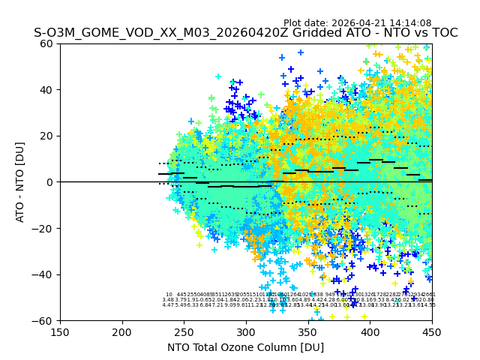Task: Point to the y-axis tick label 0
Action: pyautogui.click(x=51, y=182)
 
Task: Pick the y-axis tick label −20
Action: pyautogui.click(x=45, y=228)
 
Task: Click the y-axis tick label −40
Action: pyautogui.click(x=45, y=274)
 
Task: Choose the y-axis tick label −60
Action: pyautogui.click(x=45, y=320)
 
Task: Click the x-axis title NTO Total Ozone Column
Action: pyautogui.click(x=246, y=347)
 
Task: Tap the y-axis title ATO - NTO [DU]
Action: pyautogui.click(x=21, y=182)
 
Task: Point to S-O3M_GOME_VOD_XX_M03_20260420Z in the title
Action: pyautogui.click(x=140, y=33)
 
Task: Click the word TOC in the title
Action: pyautogui.click(x=443, y=33)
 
